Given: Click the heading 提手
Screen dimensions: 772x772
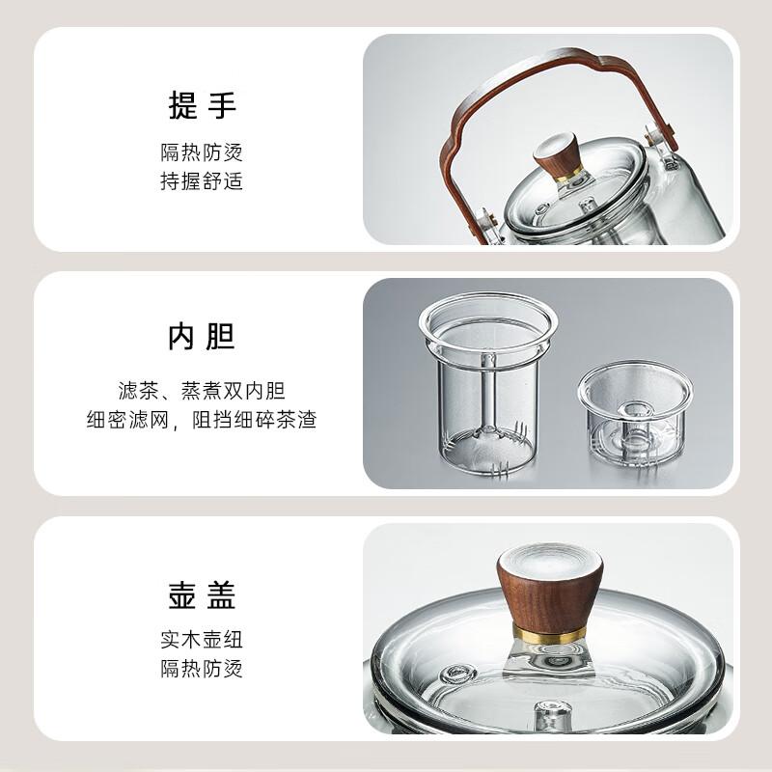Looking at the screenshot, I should tap(202, 105).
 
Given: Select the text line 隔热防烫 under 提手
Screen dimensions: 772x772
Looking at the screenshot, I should tap(202, 152).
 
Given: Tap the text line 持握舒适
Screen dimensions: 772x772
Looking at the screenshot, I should tap(202, 181).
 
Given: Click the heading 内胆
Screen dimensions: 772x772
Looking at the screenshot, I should tap(202, 337).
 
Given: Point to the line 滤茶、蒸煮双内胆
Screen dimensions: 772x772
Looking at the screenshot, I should tap(202, 391).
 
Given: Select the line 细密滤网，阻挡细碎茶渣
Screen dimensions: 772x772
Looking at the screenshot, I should tap(202, 420).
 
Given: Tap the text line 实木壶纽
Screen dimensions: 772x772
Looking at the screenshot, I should tap(202, 640).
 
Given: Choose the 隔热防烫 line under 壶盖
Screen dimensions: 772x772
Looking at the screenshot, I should tap(202, 669).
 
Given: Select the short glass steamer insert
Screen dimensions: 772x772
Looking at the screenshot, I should tap(635, 415).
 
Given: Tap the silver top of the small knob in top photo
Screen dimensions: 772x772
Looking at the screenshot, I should tap(558, 142).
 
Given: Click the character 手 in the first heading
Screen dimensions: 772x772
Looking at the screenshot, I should tap(222, 105).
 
